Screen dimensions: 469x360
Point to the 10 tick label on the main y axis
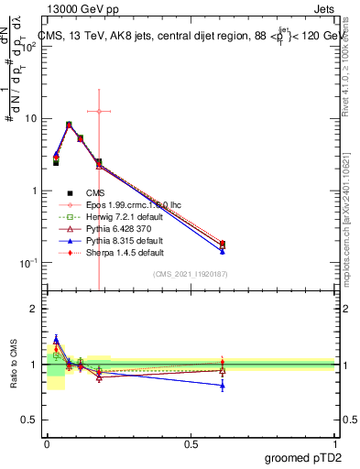pyautogui.click(x=30, y=119)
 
